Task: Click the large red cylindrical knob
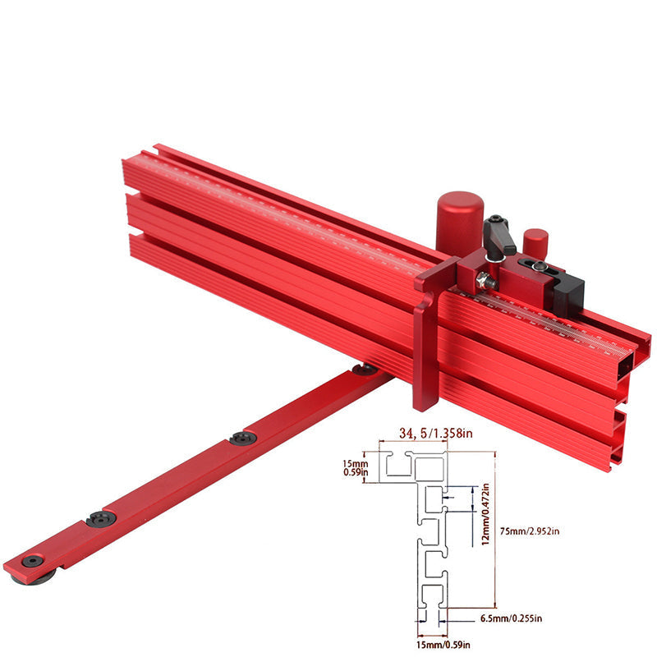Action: pyautogui.click(x=458, y=220)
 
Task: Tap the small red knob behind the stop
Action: pyautogui.click(x=535, y=243)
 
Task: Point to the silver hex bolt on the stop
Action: pyautogui.click(x=486, y=282)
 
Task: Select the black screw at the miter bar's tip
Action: pyautogui.click(x=32, y=560)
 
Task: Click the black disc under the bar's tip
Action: pyautogui.click(x=30, y=580)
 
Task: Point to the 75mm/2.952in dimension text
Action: pyautogui.click(x=530, y=531)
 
